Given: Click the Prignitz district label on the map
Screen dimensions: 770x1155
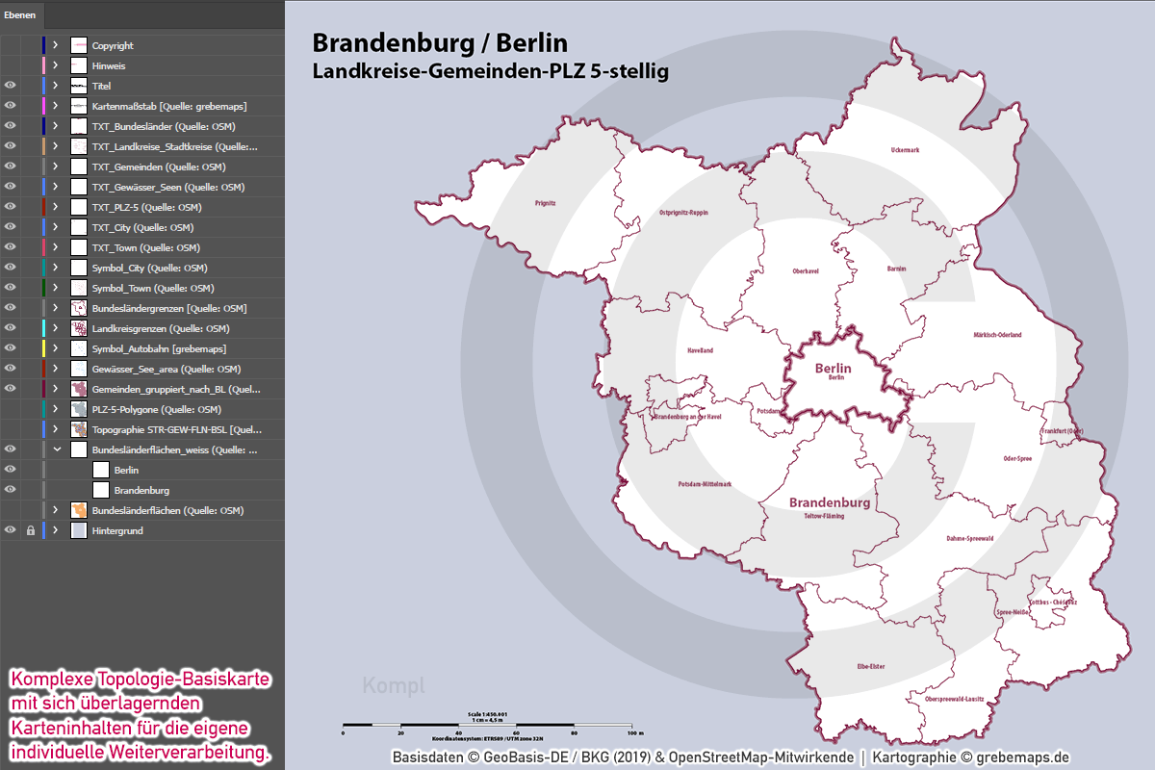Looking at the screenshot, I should click(x=546, y=203).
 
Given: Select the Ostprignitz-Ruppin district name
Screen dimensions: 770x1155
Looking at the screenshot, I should click(x=683, y=212).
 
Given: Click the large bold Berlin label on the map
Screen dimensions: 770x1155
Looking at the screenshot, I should click(x=833, y=368).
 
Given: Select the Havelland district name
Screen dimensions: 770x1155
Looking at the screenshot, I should click(x=700, y=350).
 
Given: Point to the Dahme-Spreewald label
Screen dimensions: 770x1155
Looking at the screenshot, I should click(x=969, y=538).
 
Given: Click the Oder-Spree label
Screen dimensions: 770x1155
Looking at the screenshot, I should click(x=1017, y=458).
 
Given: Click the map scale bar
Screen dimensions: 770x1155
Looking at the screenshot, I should click(x=492, y=723).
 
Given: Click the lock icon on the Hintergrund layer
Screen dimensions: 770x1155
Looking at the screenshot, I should click(x=30, y=530).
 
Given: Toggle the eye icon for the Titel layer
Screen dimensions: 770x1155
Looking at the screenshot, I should click(x=11, y=86).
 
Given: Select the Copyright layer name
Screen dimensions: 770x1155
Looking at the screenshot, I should click(x=113, y=45).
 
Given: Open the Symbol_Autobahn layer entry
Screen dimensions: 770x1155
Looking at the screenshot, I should click(x=159, y=348).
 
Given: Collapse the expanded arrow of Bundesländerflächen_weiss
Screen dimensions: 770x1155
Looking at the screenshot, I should click(x=56, y=449).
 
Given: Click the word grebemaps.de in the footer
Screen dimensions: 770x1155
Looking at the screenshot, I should click(x=1022, y=757).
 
